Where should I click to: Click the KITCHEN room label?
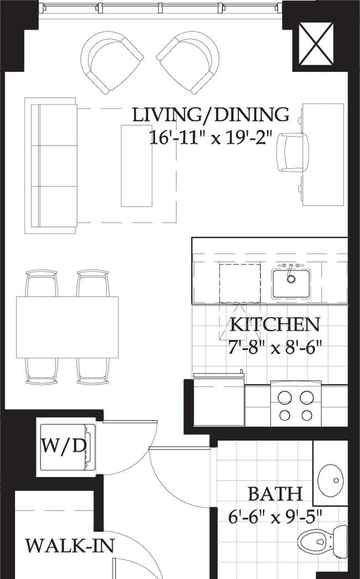(275, 324)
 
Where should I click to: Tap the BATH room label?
(275, 494)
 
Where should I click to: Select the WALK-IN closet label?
(70, 545)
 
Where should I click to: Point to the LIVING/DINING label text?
(210, 115)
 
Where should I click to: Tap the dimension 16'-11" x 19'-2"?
(211, 138)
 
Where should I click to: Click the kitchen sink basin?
(291, 283)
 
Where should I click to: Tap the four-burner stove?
(296, 404)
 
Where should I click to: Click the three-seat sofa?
(50, 166)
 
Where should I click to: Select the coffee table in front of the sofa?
(136, 166)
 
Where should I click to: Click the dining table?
(67, 327)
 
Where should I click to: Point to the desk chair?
(293, 153)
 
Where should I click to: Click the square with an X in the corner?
(316, 44)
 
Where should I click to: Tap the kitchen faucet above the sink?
(291, 268)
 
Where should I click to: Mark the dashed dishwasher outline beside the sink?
(240, 283)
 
